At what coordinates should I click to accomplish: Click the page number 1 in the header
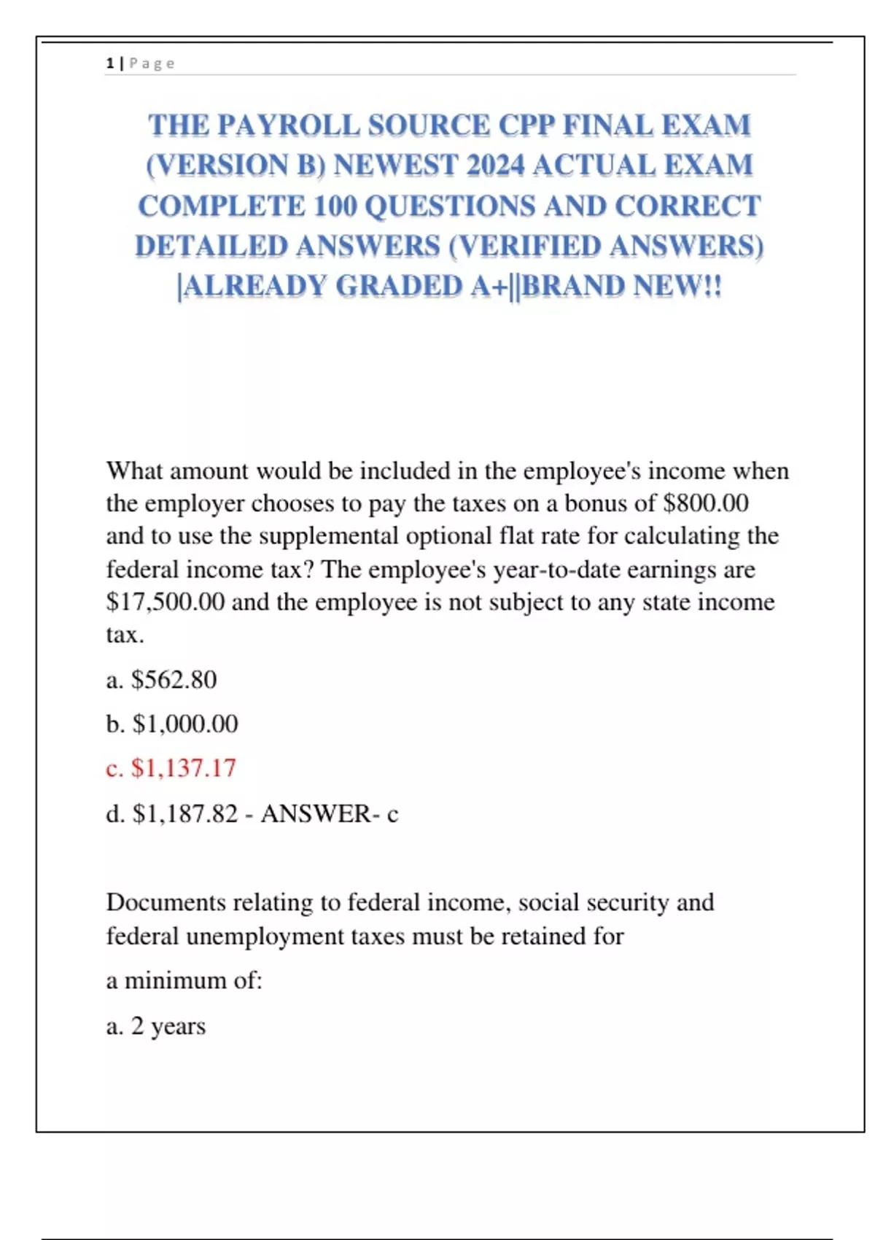coord(109,63)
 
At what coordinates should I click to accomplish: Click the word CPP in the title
coord(526,125)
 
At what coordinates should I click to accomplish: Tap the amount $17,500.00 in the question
coord(166,602)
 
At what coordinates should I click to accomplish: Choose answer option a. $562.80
coord(161,680)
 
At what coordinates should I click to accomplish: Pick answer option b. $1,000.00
coord(172,724)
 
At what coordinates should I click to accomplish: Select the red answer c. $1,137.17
coord(171,768)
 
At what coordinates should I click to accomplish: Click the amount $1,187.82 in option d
coord(185,813)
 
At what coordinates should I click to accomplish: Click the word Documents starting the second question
coord(166,903)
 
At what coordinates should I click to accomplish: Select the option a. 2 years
coord(156,1026)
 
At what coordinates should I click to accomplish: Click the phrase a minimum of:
coord(184,980)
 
